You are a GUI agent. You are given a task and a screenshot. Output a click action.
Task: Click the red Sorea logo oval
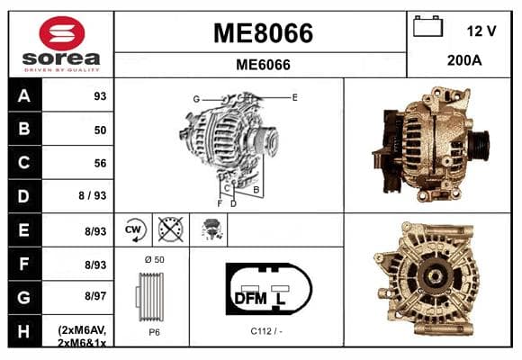[x=62, y=33]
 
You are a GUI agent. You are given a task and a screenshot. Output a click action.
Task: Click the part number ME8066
[x=263, y=33]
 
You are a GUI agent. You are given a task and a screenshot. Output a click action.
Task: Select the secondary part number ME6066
[x=263, y=65]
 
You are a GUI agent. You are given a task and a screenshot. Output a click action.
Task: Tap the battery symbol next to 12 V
[x=427, y=26]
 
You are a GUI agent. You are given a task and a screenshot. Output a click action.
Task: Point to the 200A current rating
[x=464, y=60]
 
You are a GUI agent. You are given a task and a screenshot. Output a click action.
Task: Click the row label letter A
[x=24, y=96]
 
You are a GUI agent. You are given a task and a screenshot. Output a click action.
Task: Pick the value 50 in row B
[x=100, y=130]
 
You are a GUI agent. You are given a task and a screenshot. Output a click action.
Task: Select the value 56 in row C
[x=100, y=163]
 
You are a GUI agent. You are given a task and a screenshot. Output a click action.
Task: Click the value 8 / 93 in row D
[x=93, y=195]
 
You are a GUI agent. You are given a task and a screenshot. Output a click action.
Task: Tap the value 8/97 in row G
[x=95, y=296]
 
